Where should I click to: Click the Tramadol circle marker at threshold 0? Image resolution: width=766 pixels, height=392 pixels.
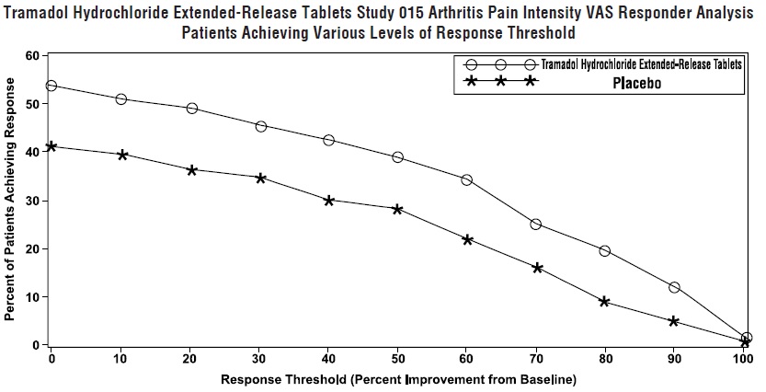click(51, 86)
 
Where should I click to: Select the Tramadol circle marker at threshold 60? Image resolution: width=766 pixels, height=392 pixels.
click(467, 179)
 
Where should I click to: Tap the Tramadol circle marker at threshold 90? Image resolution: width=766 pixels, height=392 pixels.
click(674, 287)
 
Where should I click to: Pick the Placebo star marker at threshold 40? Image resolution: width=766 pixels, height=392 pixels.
click(328, 200)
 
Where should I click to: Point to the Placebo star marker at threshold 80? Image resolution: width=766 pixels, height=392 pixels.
click(605, 301)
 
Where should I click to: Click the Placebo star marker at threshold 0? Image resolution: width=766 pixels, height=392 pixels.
click(51, 146)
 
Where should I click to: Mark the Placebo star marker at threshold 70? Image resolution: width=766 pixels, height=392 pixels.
click(537, 268)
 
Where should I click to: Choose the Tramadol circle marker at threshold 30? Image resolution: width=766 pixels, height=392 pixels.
click(261, 126)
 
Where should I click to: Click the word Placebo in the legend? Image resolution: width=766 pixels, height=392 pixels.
click(638, 83)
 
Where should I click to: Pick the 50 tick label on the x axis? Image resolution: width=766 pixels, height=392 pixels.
click(397, 358)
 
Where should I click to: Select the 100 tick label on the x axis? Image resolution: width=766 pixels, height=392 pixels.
click(744, 358)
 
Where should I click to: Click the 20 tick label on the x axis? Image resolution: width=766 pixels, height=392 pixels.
click(190, 358)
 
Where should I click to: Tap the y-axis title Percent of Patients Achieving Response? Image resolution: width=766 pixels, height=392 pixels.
click(10, 199)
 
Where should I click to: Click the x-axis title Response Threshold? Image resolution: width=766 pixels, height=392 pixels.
click(397, 379)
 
